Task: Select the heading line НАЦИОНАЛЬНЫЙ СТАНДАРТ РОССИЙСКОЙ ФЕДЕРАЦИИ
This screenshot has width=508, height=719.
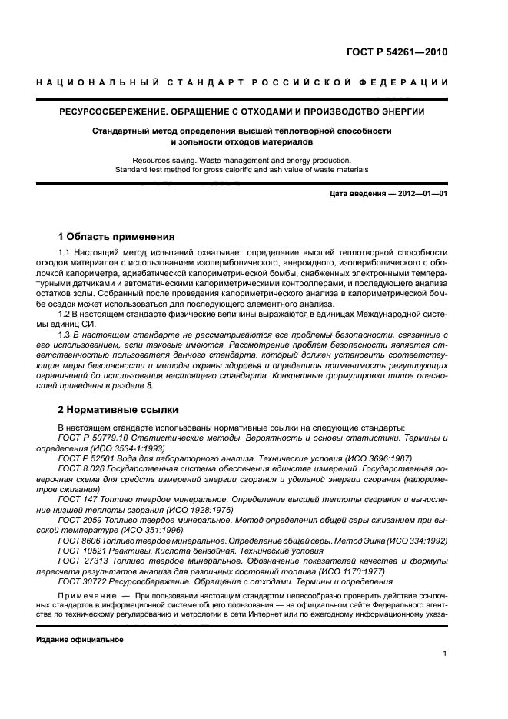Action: pyautogui.click(x=243, y=82)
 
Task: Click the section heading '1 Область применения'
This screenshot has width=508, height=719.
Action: pyautogui.click(x=117, y=236)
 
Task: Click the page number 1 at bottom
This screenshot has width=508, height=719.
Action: pyautogui.click(x=445, y=654)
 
